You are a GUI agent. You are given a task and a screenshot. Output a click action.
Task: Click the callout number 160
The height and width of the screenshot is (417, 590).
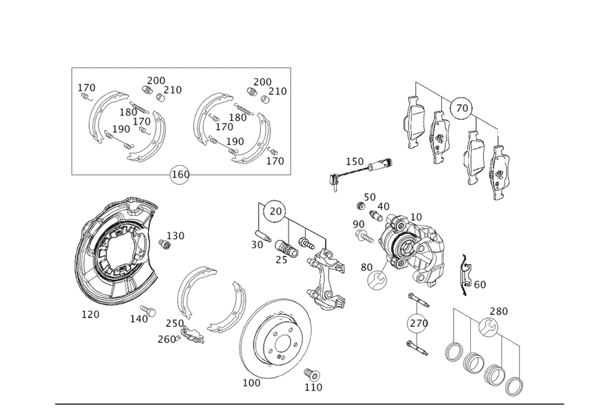(x=180, y=175)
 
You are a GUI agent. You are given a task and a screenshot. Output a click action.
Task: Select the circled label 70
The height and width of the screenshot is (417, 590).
(x=462, y=108)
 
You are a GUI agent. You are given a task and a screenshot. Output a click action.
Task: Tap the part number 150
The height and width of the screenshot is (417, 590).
(x=355, y=162)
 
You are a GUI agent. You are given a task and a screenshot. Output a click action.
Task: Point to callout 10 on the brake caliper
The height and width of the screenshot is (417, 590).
(x=415, y=216)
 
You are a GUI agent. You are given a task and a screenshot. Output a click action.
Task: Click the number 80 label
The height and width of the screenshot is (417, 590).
(x=366, y=267)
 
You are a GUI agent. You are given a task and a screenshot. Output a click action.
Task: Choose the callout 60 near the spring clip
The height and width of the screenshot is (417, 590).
(x=479, y=284)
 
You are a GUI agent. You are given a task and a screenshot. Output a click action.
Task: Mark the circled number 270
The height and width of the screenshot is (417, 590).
(x=419, y=323)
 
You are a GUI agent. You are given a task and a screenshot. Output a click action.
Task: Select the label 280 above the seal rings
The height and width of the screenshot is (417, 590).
(x=498, y=311)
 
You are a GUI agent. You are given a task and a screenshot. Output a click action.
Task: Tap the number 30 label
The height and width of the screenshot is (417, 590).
(x=258, y=244)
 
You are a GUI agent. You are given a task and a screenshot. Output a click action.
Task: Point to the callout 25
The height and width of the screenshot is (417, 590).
(x=281, y=260)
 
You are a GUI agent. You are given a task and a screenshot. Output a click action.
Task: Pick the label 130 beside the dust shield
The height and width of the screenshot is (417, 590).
(x=176, y=235)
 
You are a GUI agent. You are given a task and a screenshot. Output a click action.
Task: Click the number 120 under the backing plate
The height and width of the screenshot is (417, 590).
(x=90, y=314)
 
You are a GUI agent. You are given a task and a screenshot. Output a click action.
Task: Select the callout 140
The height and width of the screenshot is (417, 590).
(x=139, y=318)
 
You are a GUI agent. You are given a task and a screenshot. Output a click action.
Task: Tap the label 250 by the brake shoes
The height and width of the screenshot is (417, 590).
(x=174, y=324)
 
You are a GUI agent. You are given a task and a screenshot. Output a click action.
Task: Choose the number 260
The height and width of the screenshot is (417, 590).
(x=167, y=339)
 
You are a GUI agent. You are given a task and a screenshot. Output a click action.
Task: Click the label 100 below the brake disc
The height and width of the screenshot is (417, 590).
(x=251, y=382)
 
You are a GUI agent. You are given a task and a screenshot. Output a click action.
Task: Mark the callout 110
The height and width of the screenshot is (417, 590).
(x=314, y=388)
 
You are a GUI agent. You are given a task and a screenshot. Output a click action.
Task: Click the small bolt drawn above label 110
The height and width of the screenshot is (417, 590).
(x=310, y=374)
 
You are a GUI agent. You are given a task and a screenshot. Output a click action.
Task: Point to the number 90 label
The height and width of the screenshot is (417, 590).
(x=358, y=225)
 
